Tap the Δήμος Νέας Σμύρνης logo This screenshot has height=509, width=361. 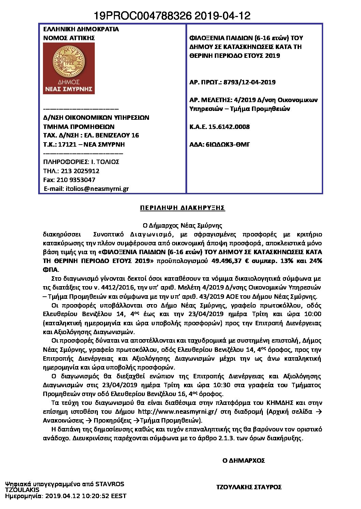pos(69,68)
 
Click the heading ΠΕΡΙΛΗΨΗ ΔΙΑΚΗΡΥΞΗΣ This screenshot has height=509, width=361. pos(182,208)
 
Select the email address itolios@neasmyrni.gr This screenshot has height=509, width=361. pos(97,189)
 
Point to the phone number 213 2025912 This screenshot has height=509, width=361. pos(80,171)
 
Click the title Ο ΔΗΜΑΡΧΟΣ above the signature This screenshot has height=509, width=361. pos(243,461)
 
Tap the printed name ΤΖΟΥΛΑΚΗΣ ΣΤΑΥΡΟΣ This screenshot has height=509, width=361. pos(249,487)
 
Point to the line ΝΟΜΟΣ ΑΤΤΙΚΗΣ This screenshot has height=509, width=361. pos(69,38)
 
